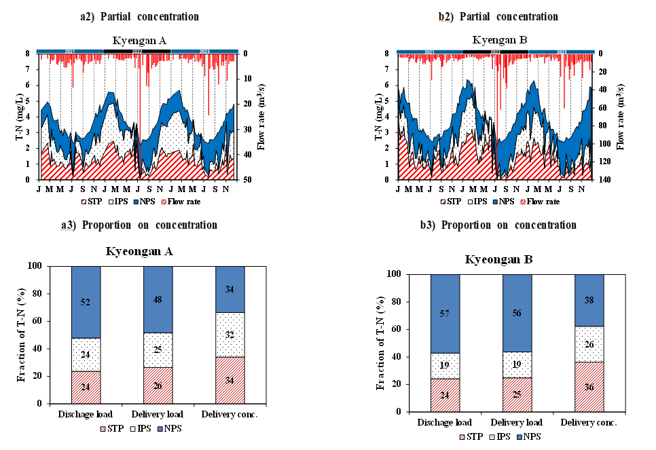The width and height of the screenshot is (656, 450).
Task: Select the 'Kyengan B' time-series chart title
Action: coord(499,40)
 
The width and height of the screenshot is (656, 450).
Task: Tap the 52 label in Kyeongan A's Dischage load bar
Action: coord(86,301)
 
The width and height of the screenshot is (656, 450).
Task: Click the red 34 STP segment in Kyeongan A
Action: coord(230,379)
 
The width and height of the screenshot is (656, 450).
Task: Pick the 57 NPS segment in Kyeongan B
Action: coord(445,314)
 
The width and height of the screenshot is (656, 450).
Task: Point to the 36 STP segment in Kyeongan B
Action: coord(589,386)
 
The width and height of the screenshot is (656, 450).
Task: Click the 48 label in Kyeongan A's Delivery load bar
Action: coord(158,299)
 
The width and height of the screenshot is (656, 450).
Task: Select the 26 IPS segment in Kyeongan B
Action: coord(589,344)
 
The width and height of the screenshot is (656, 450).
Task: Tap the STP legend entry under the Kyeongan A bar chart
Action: coord(113,428)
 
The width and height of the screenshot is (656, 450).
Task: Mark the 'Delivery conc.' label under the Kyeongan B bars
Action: coord(589,422)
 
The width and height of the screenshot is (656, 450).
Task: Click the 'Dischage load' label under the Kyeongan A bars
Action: coord(86,414)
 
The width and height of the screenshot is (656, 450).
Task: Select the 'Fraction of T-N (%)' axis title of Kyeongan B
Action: coord(380,343)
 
